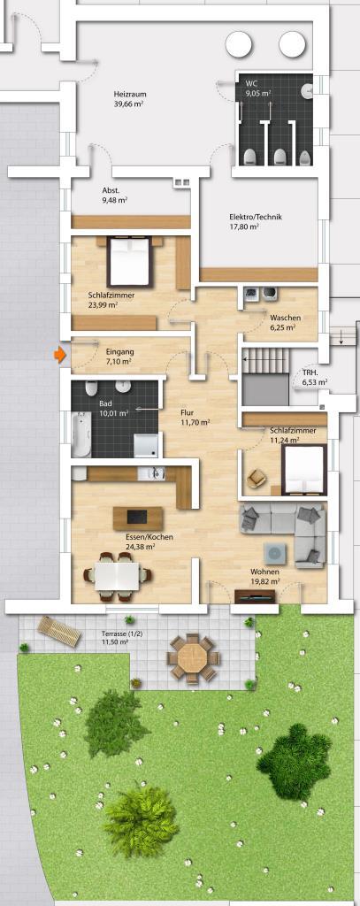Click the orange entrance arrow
pyautogui.click(x=59, y=355)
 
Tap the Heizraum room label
pyautogui.click(x=128, y=99)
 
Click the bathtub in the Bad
pyautogui.click(x=81, y=433)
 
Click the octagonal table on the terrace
pyautogui.click(x=193, y=658)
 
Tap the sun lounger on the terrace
pyautogui.click(x=59, y=631)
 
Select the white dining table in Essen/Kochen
pyautogui.click(x=118, y=576)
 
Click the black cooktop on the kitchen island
pyautogui.click(x=137, y=517)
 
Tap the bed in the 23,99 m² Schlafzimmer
pyautogui.click(x=129, y=261)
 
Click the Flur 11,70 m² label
pyautogui.click(x=191, y=418)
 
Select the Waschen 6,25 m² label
pyautogui.click(x=283, y=322)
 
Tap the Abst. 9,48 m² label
pyautogui.click(x=114, y=196)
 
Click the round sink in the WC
pyautogui.click(x=310, y=89)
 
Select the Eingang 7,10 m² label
pyautogui.click(x=119, y=356)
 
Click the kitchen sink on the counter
pyautogui.click(x=154, y=472)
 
